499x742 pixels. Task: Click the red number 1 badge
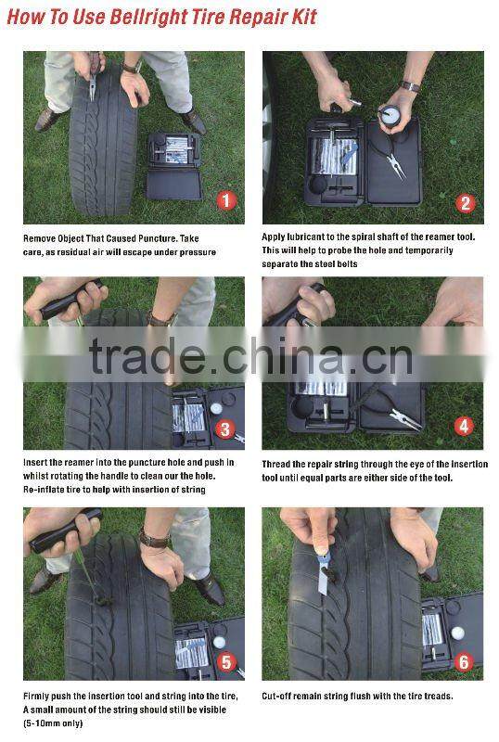click(x=226, y=200)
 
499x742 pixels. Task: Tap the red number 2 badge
click(x=466, y=203)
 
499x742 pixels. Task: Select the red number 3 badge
click(x=224, y=429)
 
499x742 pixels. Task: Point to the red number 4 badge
click(x=464, y=427)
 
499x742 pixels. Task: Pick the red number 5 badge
click(x=226, y=661)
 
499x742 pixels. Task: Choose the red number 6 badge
click(x=464, y=661)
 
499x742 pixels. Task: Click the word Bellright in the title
click(x=148, y=17)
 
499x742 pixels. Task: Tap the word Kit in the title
click(x=304, y=17)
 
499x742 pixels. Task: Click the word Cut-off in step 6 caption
click(x=276, y=697)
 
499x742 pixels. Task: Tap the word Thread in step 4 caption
click(x=276, y=465)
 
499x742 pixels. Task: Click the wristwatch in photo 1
click(x=132, y=67)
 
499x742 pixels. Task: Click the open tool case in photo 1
click(x=174, y=166)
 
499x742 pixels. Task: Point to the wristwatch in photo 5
click(x=154, y=540)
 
